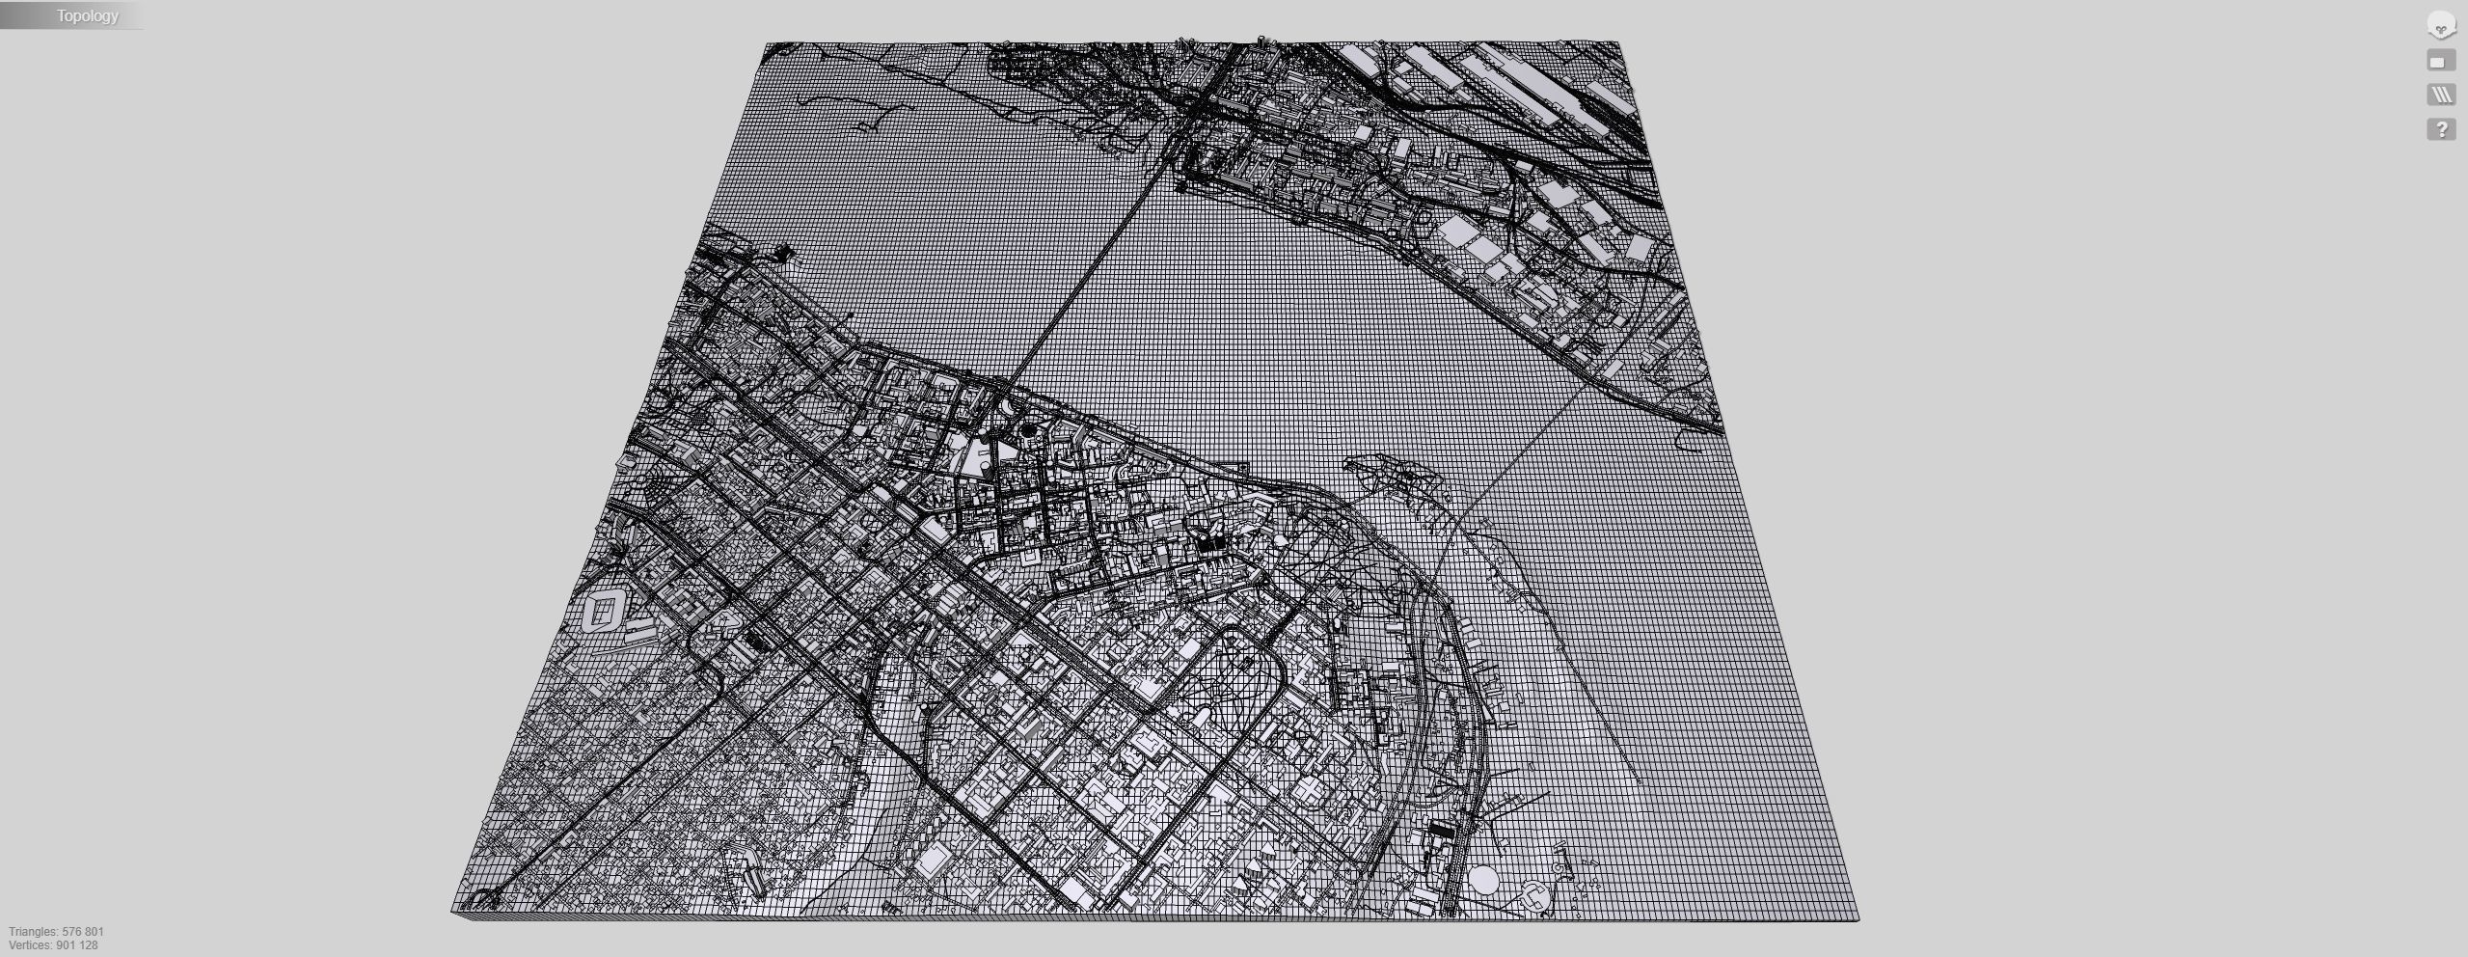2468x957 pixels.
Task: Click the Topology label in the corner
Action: tap(87, 15)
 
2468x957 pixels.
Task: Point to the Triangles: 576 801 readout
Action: tap(56, 932)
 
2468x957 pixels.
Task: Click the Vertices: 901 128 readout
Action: tap(53, 945)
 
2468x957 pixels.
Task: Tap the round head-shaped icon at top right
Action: tap(2441, 26)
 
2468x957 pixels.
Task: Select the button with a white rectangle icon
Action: tap(2441, 62)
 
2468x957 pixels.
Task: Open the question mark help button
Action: tap(2441, 129)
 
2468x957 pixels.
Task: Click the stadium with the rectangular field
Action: tap(606, 612)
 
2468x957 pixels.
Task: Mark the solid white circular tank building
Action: tap(1483, 880)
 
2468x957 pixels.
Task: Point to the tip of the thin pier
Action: tap(1640, 781)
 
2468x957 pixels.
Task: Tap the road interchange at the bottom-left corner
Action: tap(479, 900)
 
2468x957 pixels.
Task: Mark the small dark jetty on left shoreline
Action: tap(783, 254)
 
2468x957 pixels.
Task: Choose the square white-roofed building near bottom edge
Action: tap(933, 859)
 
